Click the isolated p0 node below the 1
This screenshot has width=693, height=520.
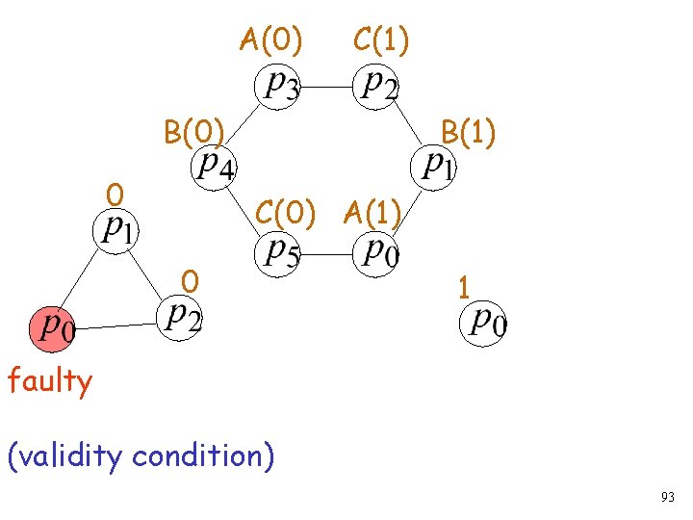pos(487,323)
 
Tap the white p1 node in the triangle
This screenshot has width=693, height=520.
pos(113,230)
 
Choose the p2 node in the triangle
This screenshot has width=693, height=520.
pos(180,316)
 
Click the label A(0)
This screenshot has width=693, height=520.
pos(271,40)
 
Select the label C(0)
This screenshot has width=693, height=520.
pos(286,211)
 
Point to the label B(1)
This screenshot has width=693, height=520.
pos(468,133)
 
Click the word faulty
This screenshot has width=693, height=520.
pos(50,382)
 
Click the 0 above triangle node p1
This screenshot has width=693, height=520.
pos(115,195)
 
